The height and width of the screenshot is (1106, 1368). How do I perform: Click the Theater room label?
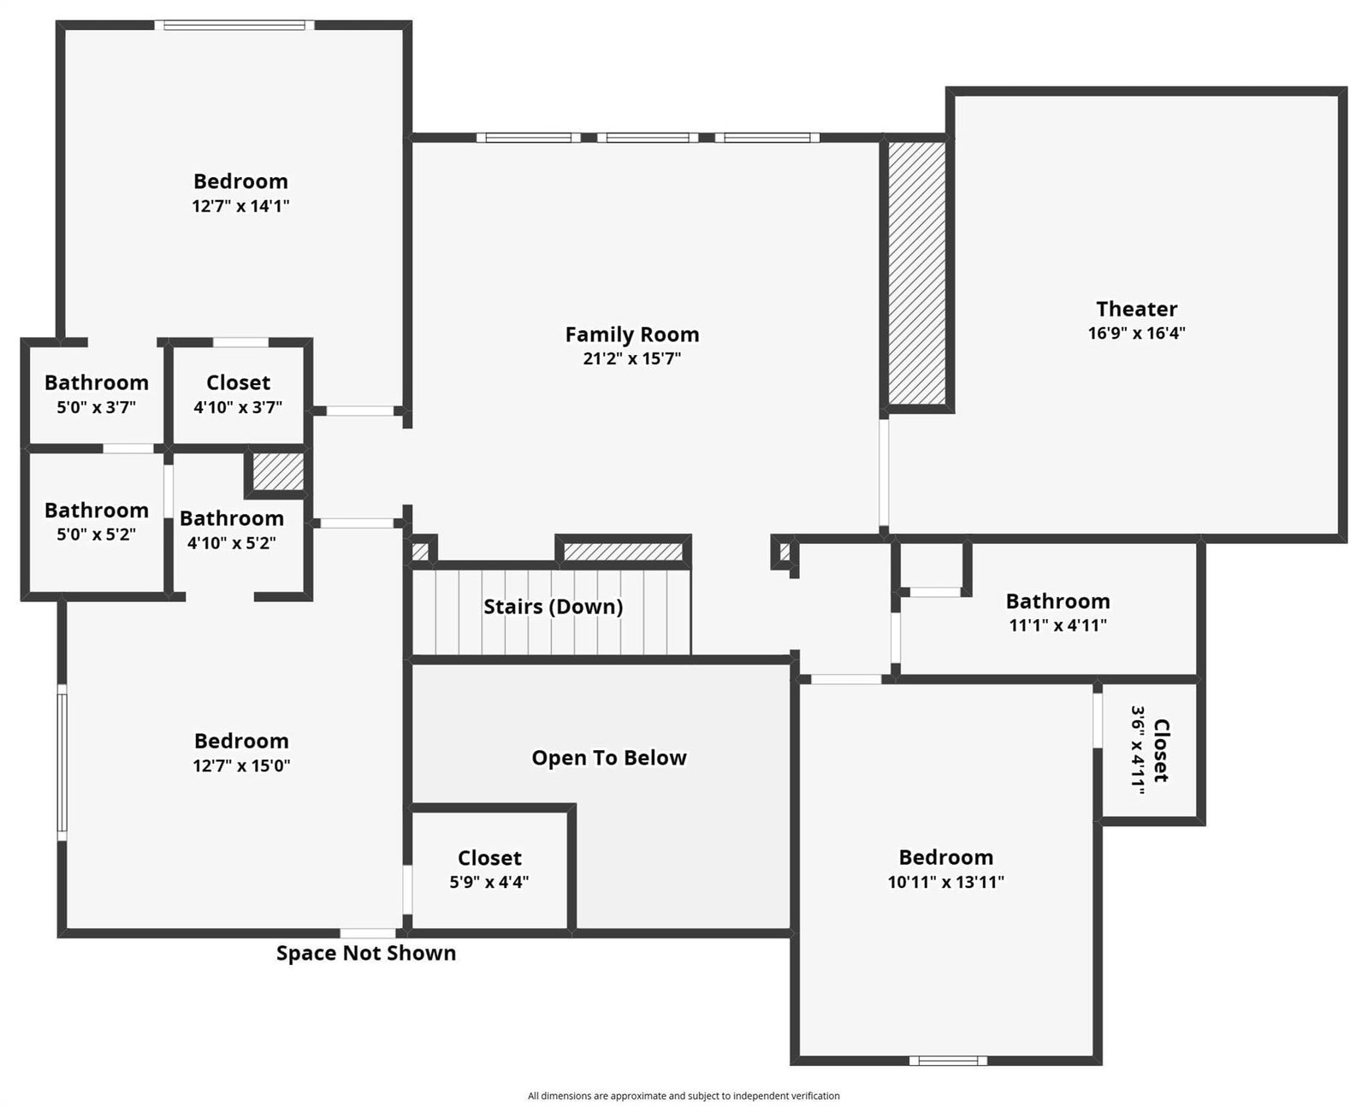pyautogui.click(x=1136, y=309)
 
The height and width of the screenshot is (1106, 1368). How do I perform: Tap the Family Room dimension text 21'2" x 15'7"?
pyautogui.click(x=631, y=358)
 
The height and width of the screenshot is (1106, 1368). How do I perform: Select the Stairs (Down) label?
pyautogui.click(x=553, y=606)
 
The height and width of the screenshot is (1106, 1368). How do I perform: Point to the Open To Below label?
pyautogui.click(x=609, y=758)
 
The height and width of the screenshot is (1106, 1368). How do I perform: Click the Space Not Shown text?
pyautogui.click(x=366, y=953)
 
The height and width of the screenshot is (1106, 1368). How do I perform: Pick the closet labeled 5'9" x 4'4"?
pyautogui.click(x=489, y=869)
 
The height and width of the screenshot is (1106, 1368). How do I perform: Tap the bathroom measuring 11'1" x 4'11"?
pyautogui.click(x=1057, y=612)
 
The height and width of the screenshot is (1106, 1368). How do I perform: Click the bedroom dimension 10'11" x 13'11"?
pyautogui.click(x=945, y=882)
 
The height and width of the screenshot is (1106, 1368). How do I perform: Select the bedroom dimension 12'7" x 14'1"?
pyautogui.click(x=241, y=206)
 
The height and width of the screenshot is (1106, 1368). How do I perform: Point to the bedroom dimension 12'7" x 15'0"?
pyautogui.click(x=241, y=766)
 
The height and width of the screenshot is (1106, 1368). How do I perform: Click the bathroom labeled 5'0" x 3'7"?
pyautogui.click(x=97, y=394)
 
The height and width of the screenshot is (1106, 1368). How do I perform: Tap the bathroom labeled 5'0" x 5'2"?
pyautogui.click(x=97, y=521)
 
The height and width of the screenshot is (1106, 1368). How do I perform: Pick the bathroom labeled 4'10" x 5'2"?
pyautogui.click(x=231, y=529)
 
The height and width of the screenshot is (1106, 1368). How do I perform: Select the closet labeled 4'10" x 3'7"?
pyautogui.click(x=238, y=394)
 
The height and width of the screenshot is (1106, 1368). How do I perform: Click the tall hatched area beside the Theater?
pyautogui.click(x=917, y=273)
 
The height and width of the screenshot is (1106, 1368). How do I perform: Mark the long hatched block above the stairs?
pyautogui.click(x=623, y=552)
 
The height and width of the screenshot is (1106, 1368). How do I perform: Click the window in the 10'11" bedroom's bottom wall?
pyautogui.click(x=948, y=1061)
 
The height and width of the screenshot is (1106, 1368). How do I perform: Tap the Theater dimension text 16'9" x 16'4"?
pyautogui.click(x=1136, y=333)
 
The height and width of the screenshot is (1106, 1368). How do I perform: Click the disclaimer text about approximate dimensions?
pyautogui.click(x=684, y=1096)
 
